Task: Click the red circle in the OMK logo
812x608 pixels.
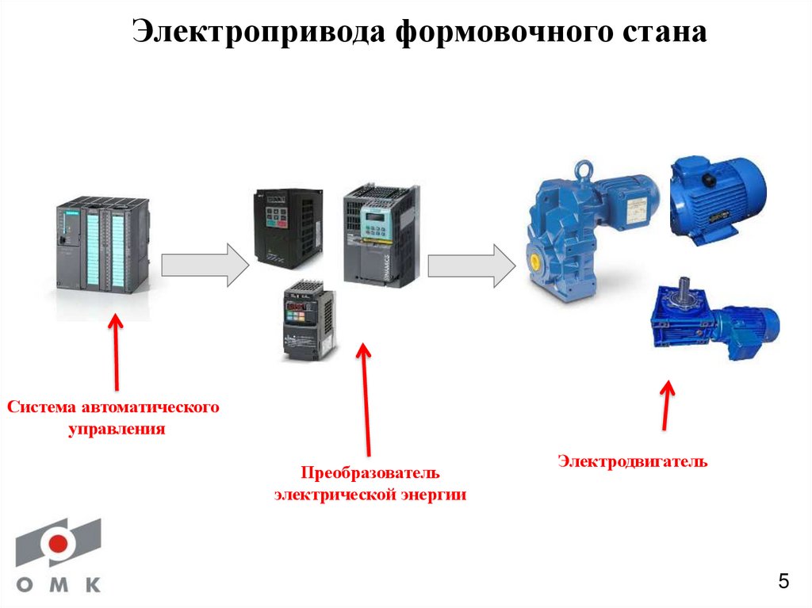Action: coord(58,544)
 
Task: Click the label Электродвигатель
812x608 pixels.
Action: coord(632,461)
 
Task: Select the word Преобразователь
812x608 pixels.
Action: coord(370,473)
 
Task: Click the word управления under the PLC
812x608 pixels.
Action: coord(117,430)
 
